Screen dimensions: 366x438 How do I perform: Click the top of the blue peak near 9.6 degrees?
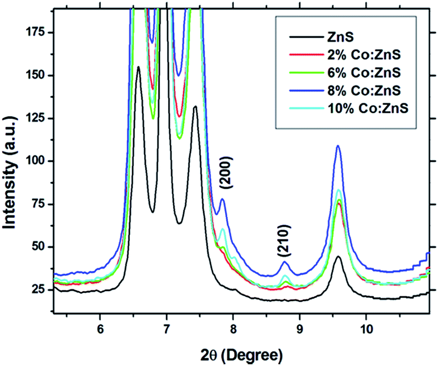338,146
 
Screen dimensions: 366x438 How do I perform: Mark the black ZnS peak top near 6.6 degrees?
138,67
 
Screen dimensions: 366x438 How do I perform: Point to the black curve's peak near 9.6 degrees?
338,256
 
